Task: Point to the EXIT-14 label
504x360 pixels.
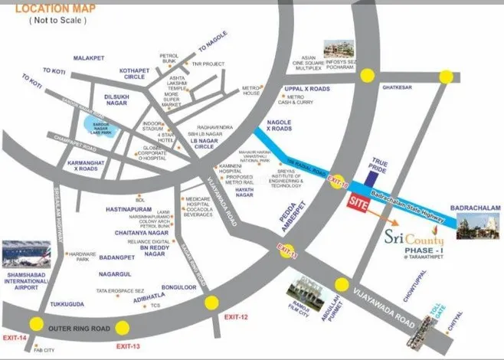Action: coord(15,337)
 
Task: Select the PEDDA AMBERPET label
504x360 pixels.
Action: coord(286,204)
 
